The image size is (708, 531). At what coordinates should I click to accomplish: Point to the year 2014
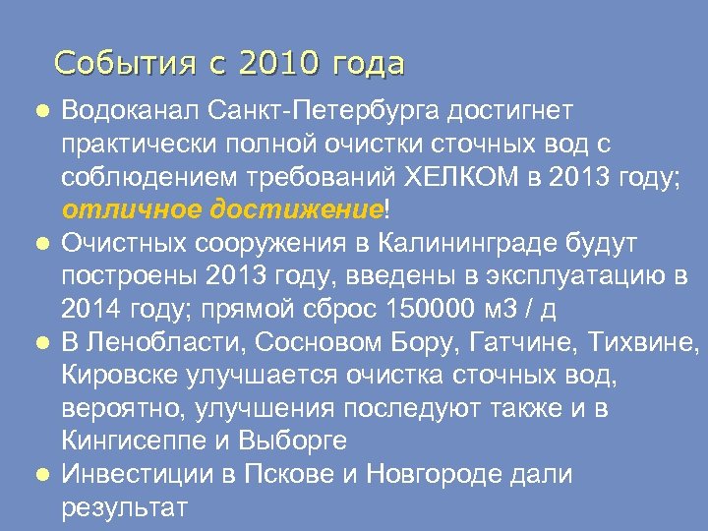(x=92, y=310)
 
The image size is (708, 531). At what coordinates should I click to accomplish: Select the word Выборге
(x=294, y=442)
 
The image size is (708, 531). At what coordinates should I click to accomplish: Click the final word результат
(x=123, y=507)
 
